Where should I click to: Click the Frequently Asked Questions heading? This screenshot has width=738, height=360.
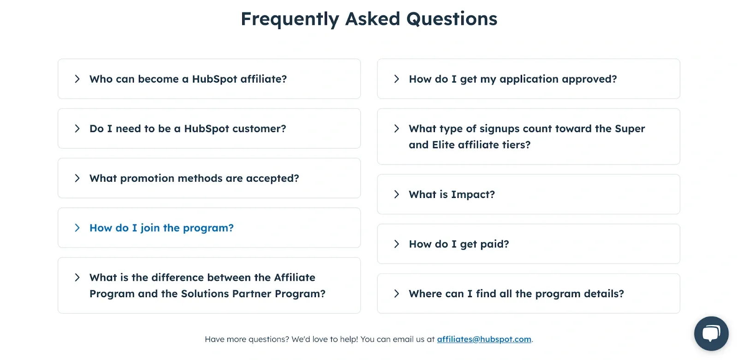pyautogui.click(x=369, y=19)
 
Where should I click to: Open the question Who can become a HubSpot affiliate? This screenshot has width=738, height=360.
pyautogui.click(x=188, y=79)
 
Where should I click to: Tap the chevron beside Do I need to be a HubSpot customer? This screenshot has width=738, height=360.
pyautogui.click(x=77, y=129)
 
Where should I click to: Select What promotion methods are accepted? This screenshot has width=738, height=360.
pyautogui.click(x=194, y=178)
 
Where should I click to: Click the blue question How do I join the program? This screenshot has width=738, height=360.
pyautogui.click(x=161, y=228)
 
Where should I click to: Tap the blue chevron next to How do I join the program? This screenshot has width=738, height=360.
pyautogui.click(x=77, y=228)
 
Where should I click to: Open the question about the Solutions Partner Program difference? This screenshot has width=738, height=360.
pyautogui.click(x=207, y=285)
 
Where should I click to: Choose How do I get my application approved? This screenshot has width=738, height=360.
pyautogui.click(x=512, y=79)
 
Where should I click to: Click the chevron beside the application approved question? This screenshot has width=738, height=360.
pyautogui.click(x=396, y=79)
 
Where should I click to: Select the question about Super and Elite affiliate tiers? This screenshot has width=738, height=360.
pyautogui.click(x=526, y=137)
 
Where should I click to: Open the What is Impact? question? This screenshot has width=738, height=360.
pyautogui.click(x=452, y=194)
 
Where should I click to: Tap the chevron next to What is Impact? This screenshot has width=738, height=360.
pyautogui.click(x=396, y=194)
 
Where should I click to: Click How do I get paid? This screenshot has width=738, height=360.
pyautogui.click(x=458, y=244)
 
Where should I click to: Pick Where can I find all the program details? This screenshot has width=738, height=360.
pyautogui.click(x=516, y=294)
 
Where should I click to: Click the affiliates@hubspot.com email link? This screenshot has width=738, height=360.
pyautogui.click(x=484, y=339)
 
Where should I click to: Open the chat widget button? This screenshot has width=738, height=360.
pyautogui.click(x=711, y=333)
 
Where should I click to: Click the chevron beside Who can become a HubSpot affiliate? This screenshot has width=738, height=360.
pyautogui.click(x=77, y=79)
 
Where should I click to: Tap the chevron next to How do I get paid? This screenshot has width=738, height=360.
pyautogui.click(x=396, y=244)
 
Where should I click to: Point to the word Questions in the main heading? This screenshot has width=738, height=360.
pyautogui.click(x=452, y=19)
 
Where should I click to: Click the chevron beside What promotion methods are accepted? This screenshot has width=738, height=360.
pyautogui.click(x=77, y=178)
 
